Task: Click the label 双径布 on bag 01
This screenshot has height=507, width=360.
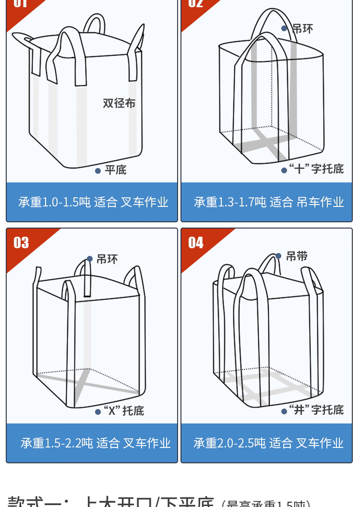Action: tap(119, 103)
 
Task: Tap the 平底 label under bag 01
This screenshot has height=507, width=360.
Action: tap(116, 170)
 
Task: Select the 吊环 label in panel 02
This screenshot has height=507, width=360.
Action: tap(302, 29)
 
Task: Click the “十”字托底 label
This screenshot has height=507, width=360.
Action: tap(316, 169)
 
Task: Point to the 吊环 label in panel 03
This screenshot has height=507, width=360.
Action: tap(107, 259)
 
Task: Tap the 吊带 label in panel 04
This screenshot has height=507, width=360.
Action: tap(297, 256)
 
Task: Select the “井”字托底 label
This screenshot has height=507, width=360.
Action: tap(316, 410)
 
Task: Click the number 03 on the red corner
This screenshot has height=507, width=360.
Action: tap(21, 243)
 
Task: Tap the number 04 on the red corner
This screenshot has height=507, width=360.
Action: tap(196, 243)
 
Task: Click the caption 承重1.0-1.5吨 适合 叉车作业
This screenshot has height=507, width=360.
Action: tap(93, 202)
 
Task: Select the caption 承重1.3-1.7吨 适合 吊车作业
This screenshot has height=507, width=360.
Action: tap(269, 202)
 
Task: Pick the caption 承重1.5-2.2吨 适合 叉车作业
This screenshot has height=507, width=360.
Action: tap(96, 443)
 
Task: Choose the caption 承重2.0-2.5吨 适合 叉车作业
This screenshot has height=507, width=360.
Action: tap(268, 443)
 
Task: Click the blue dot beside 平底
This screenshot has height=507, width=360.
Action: tap(98, 170)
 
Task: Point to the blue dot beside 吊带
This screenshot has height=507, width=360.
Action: tap(278, 256)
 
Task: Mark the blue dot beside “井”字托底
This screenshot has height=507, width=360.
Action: tap(284, 411)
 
